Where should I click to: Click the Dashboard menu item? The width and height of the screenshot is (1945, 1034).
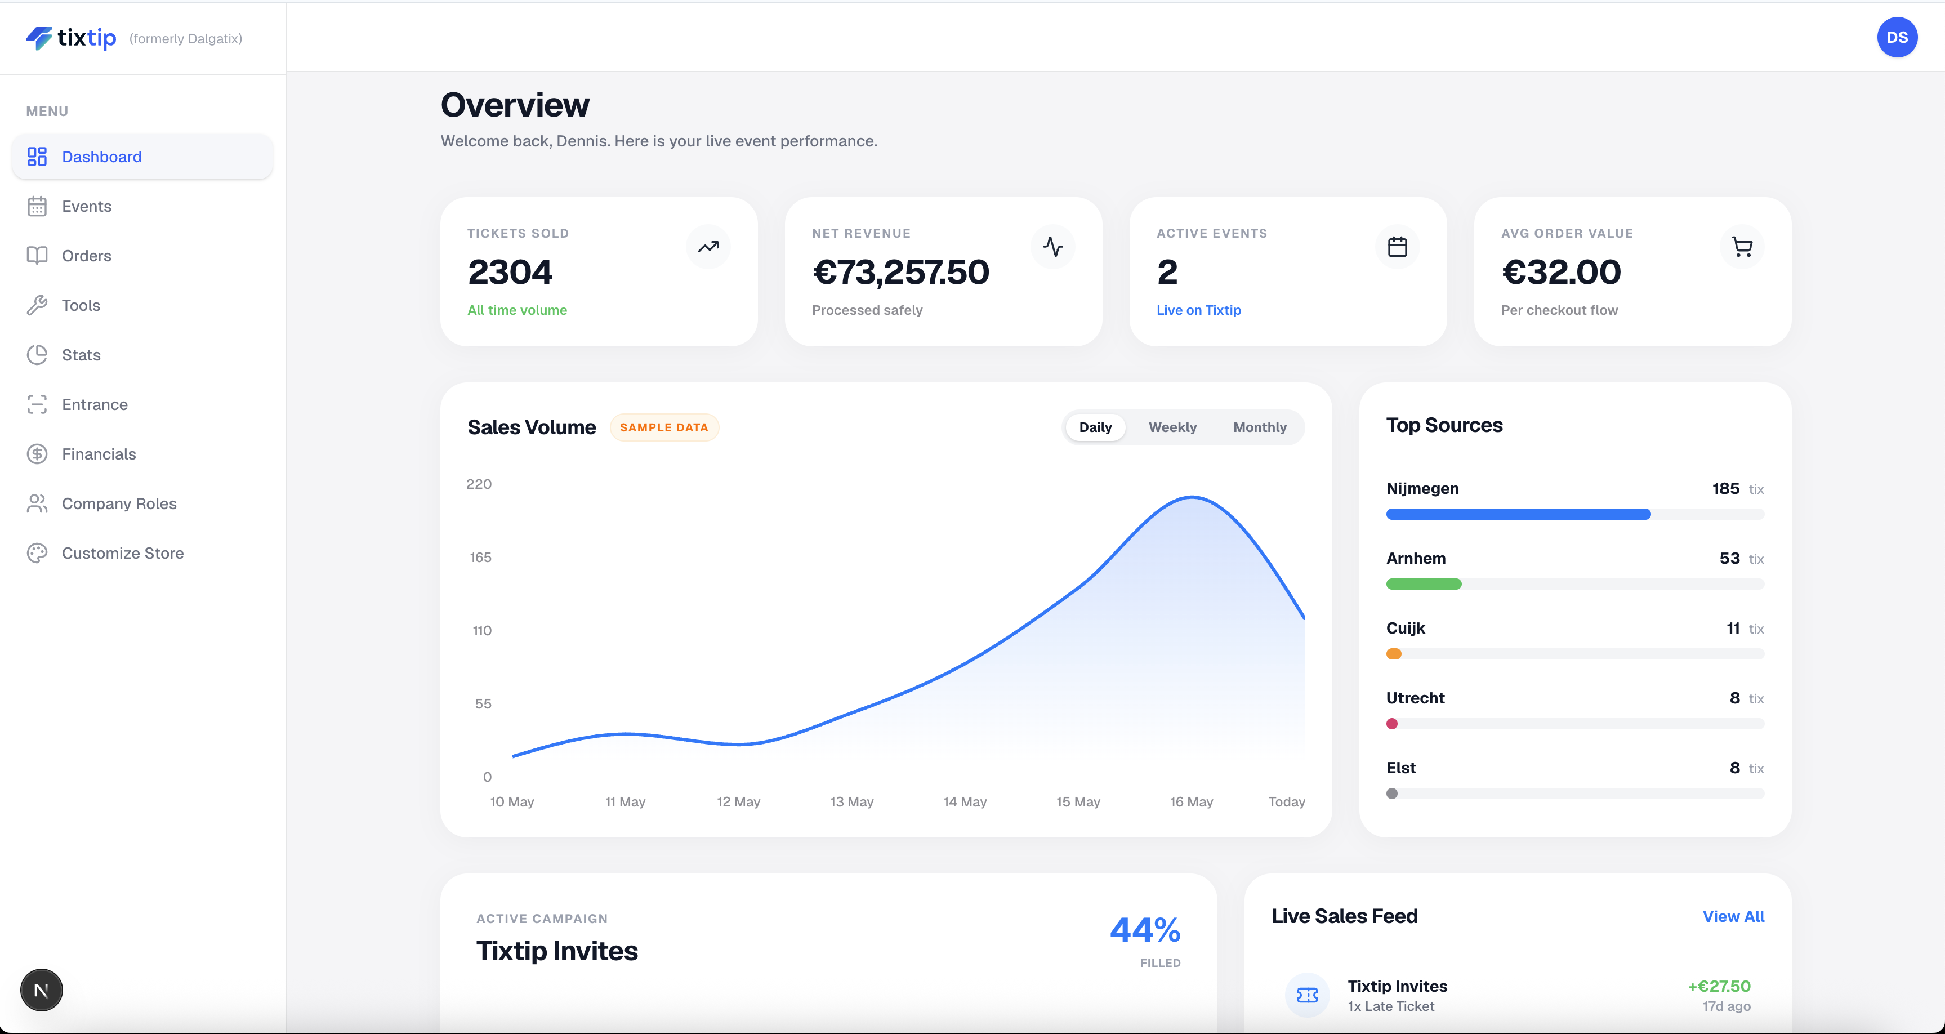(x=142, y=157)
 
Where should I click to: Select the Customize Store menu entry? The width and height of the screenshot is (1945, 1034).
(x=122, y=553)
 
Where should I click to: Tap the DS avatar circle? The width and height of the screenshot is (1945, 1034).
(x=1897, y=37)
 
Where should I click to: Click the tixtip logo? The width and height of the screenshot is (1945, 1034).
(x=71, y=38)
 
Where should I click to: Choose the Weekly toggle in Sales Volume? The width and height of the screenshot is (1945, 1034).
(x=1172, y=427)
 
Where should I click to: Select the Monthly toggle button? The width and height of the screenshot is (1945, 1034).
(x=1260, y=427)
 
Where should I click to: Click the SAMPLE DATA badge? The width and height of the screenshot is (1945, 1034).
(x=664, y=427)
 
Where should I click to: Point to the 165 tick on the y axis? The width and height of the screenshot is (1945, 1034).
(x=480, y=558)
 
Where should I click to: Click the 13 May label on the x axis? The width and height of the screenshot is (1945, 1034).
(x=851, y=801)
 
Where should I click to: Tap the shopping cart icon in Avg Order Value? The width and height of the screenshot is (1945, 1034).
(x=1742, y=247)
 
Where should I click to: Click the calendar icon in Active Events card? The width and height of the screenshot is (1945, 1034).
(x=1398, y=247)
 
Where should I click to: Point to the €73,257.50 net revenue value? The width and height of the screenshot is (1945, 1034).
(x=900, y=272)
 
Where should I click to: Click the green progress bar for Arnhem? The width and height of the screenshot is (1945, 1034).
(x=1423, y=584)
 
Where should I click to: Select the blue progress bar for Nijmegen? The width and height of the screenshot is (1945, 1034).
(x=1518, y=514)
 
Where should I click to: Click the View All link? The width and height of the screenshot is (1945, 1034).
(x=1733, y=916)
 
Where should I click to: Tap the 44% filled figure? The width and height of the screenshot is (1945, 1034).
(x=1145, y=930)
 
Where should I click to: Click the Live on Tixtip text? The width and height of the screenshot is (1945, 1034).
(x=1198, y=310)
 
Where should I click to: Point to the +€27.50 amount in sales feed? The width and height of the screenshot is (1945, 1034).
(x=1719, y=987)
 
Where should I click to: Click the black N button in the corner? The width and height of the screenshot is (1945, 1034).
(x=42, y=990)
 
